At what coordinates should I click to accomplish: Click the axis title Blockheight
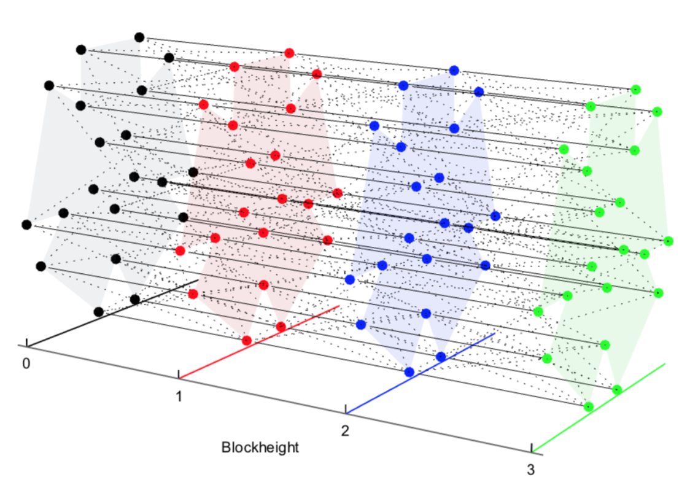(260, 447)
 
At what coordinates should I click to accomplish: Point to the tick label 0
(26, 363)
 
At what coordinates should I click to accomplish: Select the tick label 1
(179, 396)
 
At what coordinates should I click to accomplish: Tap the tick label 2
(345, 430)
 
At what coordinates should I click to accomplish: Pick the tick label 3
(531, 470)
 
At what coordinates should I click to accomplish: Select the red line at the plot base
(258, 341)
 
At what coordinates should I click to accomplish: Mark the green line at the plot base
(599, 408)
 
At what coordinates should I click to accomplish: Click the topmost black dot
(139, 37)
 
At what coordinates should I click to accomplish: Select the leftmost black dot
(26, 225)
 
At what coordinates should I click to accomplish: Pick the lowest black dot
(98, 311)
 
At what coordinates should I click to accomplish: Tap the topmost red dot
(289, 53)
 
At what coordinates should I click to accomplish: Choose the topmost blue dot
(454, 70)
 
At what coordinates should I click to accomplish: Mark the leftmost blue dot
(350, 279)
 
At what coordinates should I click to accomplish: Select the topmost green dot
(636, 89)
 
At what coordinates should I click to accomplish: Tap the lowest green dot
(588, 406)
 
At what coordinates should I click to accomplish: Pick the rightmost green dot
(668, 240)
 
